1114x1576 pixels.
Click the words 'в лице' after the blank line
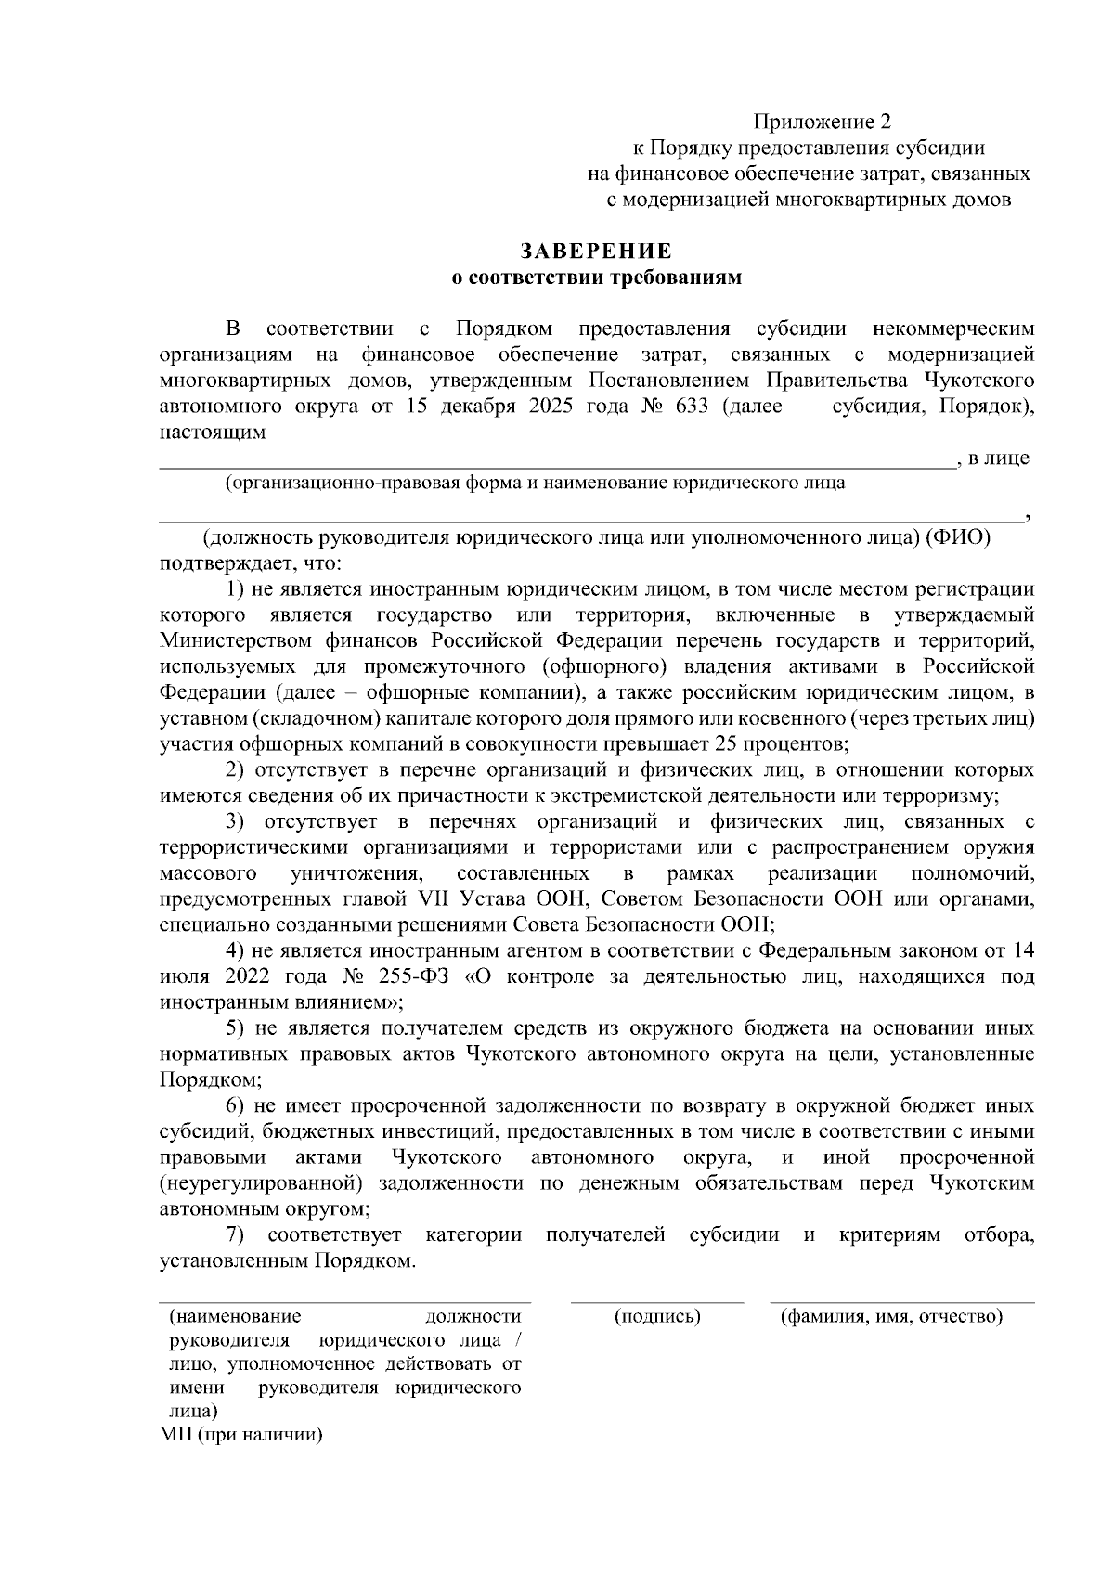click(x=998, y=458)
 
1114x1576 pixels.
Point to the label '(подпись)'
click(x=657, y=1316)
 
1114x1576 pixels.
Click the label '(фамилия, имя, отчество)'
click(x=891, y=1316)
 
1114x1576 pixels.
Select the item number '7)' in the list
click(x=235, y=1235)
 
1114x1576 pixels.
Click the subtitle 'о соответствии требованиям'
click(x=596, y=278)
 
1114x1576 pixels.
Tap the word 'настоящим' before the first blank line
click(x=213, y=432)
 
